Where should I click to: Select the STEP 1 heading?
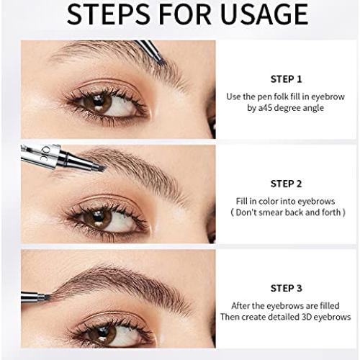click(x=286, y=79)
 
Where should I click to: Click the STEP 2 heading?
click(x=286, y=184)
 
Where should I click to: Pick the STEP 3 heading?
click(x=286, y=288)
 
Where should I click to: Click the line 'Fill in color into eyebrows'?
click(x=286, y=202)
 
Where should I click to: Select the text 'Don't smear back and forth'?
click(x=286, y=214)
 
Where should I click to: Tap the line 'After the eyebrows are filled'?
click(x=286, y=305)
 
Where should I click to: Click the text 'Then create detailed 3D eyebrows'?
click(x=286, y=318)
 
